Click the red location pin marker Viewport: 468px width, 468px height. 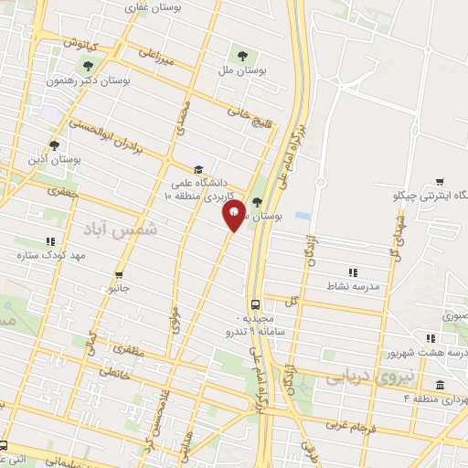234,216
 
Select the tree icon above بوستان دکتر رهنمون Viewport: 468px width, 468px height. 88,66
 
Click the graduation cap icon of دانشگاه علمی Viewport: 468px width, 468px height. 198,169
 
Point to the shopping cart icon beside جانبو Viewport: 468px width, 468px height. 119,274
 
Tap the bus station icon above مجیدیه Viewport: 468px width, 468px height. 255,305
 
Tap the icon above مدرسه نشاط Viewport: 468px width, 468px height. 353,271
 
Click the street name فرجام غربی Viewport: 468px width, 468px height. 346,427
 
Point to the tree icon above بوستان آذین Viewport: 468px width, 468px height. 54,144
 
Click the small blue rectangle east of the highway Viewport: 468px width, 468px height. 303,216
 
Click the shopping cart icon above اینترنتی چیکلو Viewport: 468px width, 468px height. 441,181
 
